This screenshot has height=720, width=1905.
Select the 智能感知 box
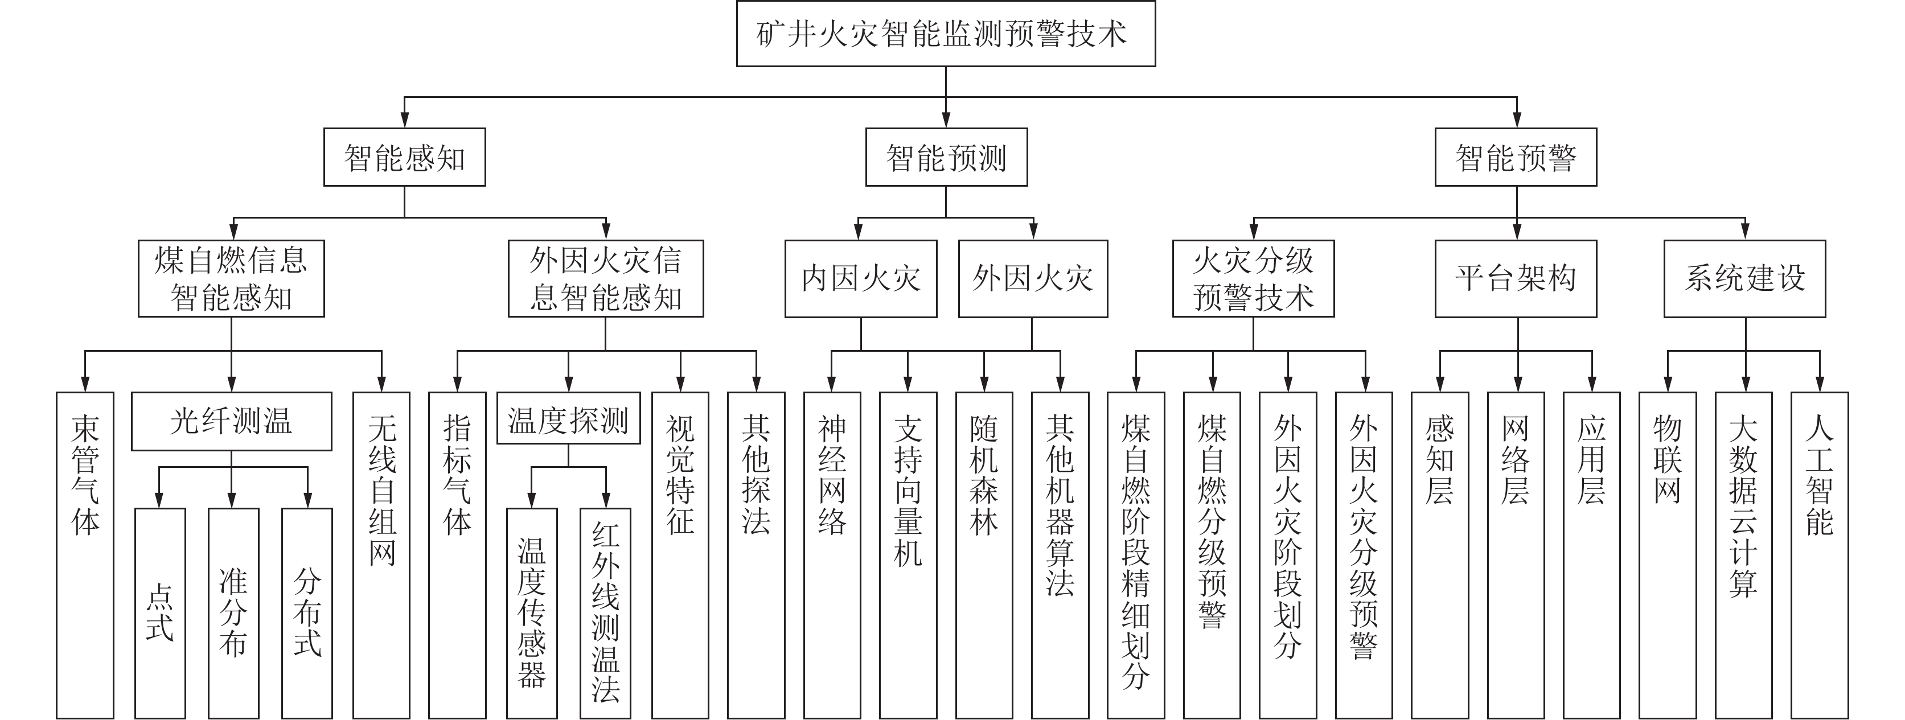pos(405,158)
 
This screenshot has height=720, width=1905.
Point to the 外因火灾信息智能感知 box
pos(605,279)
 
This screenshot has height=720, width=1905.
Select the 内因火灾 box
pos(861,279)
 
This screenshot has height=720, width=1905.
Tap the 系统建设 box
pos(1744,279)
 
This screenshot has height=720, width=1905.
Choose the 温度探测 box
pos(568,418)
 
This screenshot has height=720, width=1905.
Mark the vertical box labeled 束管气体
pos(85,554)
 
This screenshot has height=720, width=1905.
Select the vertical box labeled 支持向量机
pos(908,554)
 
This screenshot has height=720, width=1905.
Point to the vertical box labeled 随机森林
pos(984,554)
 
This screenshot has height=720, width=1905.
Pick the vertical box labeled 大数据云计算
pos(1743,554)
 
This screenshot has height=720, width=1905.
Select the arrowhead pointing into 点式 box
pos(159,500)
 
